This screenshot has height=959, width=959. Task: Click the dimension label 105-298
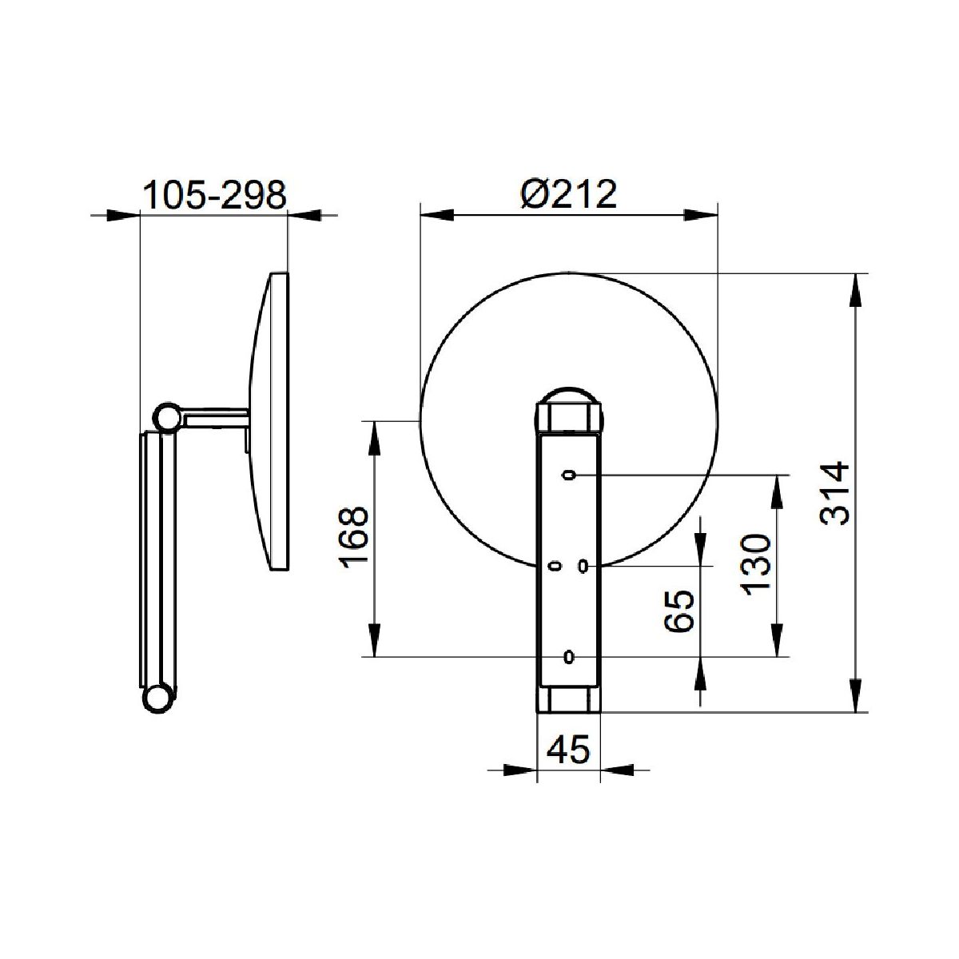pyautogui.click(x=214, y=195)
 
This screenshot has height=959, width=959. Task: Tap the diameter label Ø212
pyautogui.click(x=569, y=194)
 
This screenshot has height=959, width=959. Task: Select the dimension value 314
pyautogui.click(x=834, y=493)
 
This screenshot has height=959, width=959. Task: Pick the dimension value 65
pyautogui.click(x=679, y=611)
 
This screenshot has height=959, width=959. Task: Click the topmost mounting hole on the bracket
pyautogui.click(x=569, y=476)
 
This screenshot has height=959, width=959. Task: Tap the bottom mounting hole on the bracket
pyautogui.click(x=569, y=657)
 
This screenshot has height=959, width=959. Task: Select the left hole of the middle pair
pyautogui.click(x=555, y=566)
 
